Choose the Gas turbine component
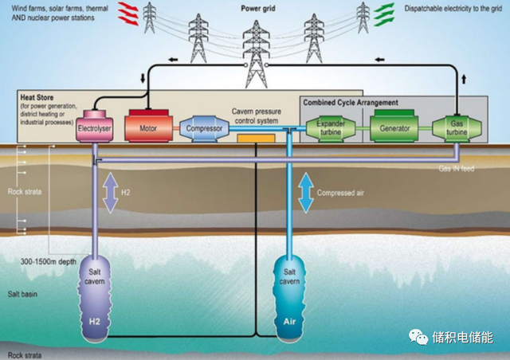pyautogui.click(x=455, y=127)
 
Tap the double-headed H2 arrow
pyautogui.click(x=110, y=193)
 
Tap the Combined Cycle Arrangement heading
pyautogui.click(x=351, y=102)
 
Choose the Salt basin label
pyautogui.click(x=23, y=295)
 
